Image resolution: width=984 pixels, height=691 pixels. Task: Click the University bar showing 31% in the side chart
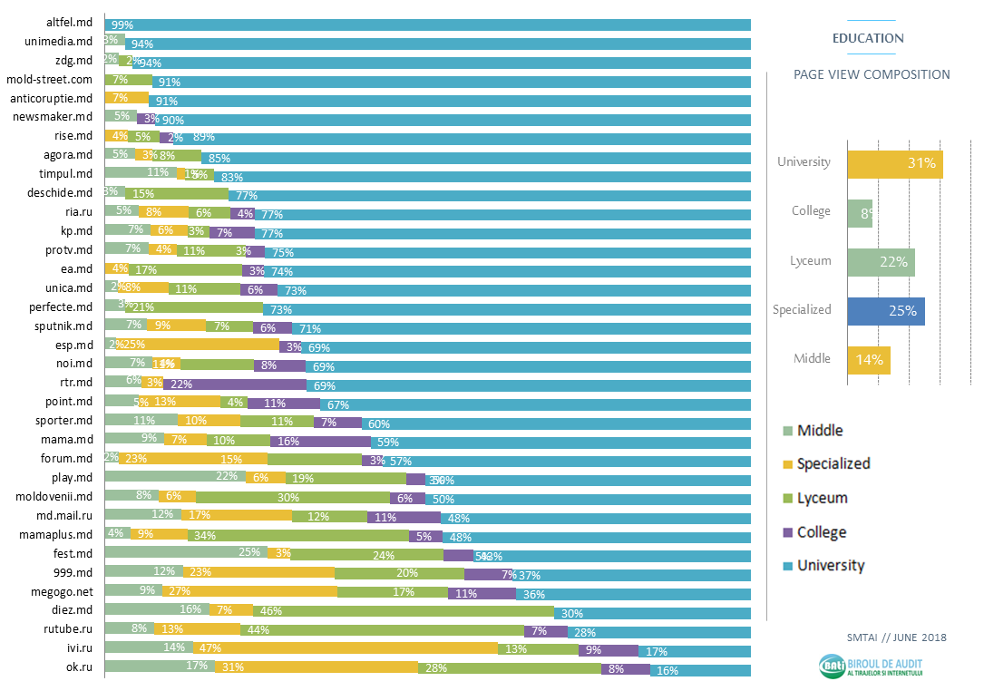(894, 164)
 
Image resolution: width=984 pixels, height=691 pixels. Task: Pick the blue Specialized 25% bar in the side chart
(886, 311)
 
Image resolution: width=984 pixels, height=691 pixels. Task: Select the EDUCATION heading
(868, 38)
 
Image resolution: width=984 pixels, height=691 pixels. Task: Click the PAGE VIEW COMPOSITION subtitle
(872, 75)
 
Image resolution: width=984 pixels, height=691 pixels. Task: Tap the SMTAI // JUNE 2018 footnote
(893, 637)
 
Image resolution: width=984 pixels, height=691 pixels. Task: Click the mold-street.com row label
(49, 81)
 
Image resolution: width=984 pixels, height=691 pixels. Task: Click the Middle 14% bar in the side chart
(869, 360)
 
